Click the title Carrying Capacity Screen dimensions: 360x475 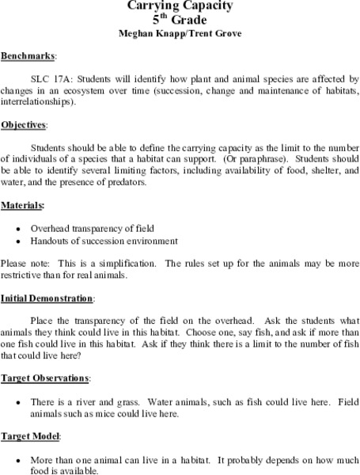point(180,6)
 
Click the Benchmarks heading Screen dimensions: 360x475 point(28,57)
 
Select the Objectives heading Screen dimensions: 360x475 point(25,125)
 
